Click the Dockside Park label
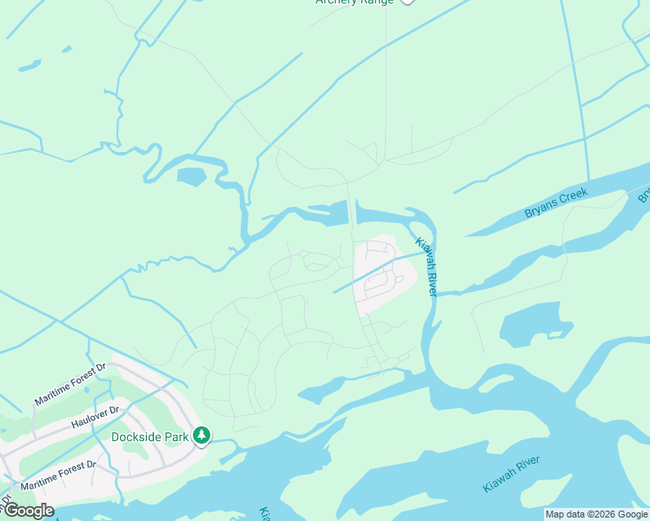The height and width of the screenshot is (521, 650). [149, 436]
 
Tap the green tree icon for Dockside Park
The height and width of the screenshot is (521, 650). [202, 434]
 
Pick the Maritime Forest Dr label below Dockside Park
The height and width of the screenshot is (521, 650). [58, 474]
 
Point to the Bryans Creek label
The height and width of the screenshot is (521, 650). [556, 202]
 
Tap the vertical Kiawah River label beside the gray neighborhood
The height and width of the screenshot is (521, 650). [425, 267]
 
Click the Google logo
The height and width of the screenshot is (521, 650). [28, 511]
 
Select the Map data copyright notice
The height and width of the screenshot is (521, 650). [597, 514]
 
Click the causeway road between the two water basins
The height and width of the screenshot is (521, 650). [351, 212]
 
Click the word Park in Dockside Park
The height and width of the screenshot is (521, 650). [175, 436]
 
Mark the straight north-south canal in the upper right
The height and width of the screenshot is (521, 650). [579, 87]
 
